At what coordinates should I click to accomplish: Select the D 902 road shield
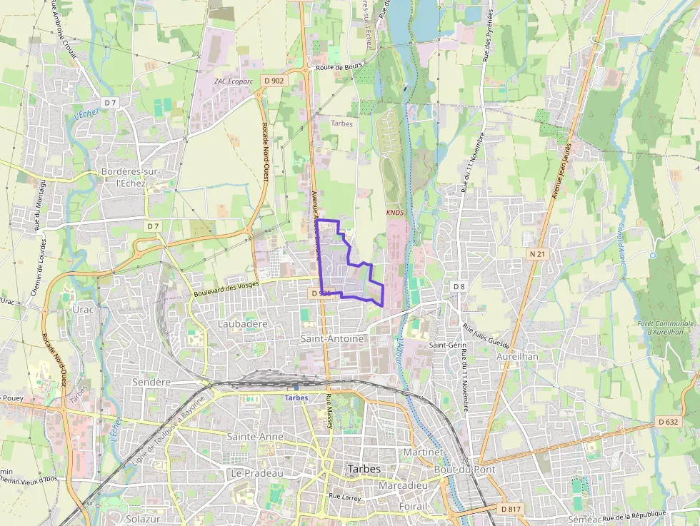click(x=273, y=81)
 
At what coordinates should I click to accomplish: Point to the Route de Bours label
click(x=336, y=68)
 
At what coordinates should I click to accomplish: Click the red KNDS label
click(x=394, y=213)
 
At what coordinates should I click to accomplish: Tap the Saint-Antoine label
click(x=332, y=338)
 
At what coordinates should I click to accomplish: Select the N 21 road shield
click(x=538, y=254)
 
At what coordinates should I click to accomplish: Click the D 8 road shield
click(x=459, y=286)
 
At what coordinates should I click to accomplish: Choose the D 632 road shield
click(x=667, y=422)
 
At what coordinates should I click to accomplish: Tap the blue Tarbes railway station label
click(x=296, y=398)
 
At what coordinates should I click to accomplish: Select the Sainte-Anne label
click(x=255, y=436)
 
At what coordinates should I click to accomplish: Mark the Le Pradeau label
click(x=256, y=473)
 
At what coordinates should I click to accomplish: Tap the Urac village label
click(x=83, y=310)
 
